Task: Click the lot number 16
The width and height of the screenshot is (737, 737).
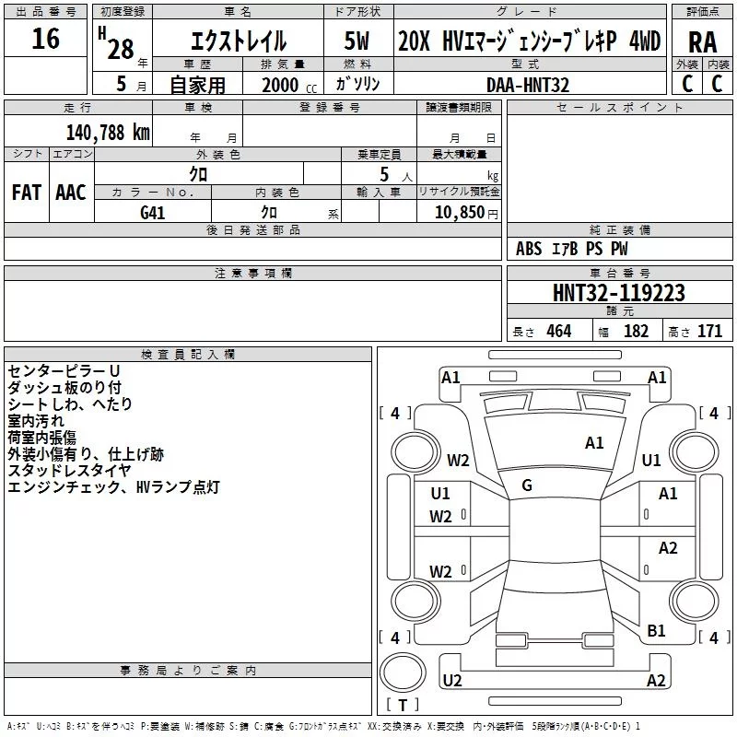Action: (45, 39)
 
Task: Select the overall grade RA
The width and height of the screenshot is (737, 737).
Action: (703, 42)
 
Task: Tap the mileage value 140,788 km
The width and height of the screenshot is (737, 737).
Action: (108, 133)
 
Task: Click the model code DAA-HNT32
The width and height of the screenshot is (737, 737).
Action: (528, 85)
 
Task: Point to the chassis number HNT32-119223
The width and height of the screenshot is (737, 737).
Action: (618, 293)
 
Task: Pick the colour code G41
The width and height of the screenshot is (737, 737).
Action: (153, 213)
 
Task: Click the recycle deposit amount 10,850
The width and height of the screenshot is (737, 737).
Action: (459, 212)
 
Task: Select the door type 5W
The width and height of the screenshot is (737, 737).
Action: (357, 41)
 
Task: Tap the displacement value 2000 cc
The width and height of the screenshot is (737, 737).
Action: (289, 86)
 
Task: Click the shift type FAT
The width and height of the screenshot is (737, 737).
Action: (27, 193)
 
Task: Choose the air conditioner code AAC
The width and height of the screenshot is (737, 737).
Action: (71, 193)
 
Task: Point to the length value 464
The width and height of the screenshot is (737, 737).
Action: (559, 331)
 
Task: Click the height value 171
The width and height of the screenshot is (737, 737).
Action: (709, 331)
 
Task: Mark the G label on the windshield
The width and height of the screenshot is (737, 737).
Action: (527, 485)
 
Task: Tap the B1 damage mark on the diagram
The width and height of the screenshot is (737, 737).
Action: (656, 630)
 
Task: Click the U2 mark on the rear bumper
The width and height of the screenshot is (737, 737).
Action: (452, 680)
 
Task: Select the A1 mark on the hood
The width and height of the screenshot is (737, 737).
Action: (594, 442)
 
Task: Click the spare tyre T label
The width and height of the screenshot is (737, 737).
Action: (403, 705)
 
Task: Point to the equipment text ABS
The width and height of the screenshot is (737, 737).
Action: (529, 248)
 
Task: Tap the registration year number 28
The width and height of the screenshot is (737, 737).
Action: (121, 49)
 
